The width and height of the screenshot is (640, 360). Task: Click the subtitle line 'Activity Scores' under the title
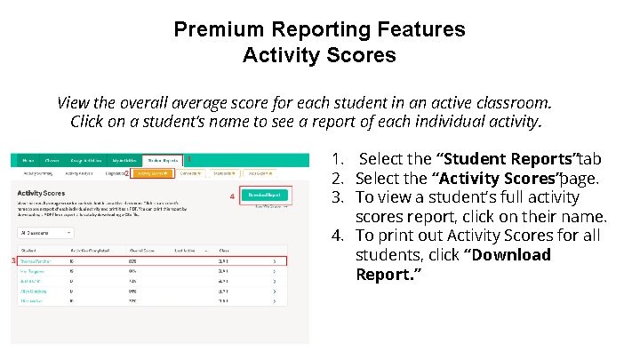(x=319, y=55)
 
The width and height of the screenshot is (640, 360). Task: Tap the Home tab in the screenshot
(x=28, y=160)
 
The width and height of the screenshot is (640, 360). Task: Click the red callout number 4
(x=233, y=196)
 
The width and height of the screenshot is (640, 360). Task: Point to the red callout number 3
(x=13, y=260)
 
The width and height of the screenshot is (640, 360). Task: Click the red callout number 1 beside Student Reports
(x=188, y=159)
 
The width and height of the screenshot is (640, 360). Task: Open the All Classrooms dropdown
(x=45, y=233)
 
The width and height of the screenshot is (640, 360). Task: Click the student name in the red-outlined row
(x=36, y=261)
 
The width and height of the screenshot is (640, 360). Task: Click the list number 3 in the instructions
(x=337, y=197)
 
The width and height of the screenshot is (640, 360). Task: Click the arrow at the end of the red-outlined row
(x=274, y=261)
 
